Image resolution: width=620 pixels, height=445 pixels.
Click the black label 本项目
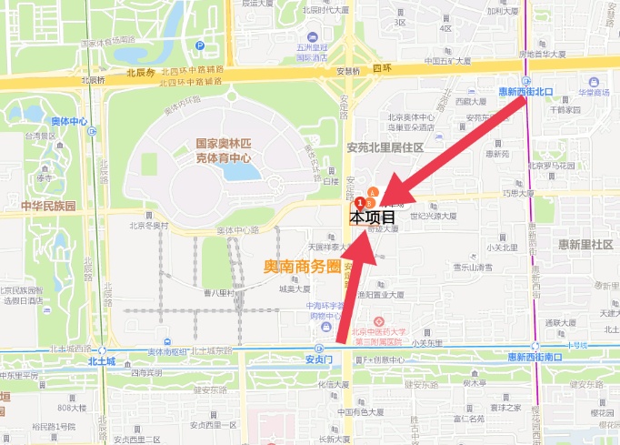pos(373,217)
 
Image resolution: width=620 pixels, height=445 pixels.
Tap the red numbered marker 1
pos(360,203)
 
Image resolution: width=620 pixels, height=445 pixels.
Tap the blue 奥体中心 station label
pos(69,121)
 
